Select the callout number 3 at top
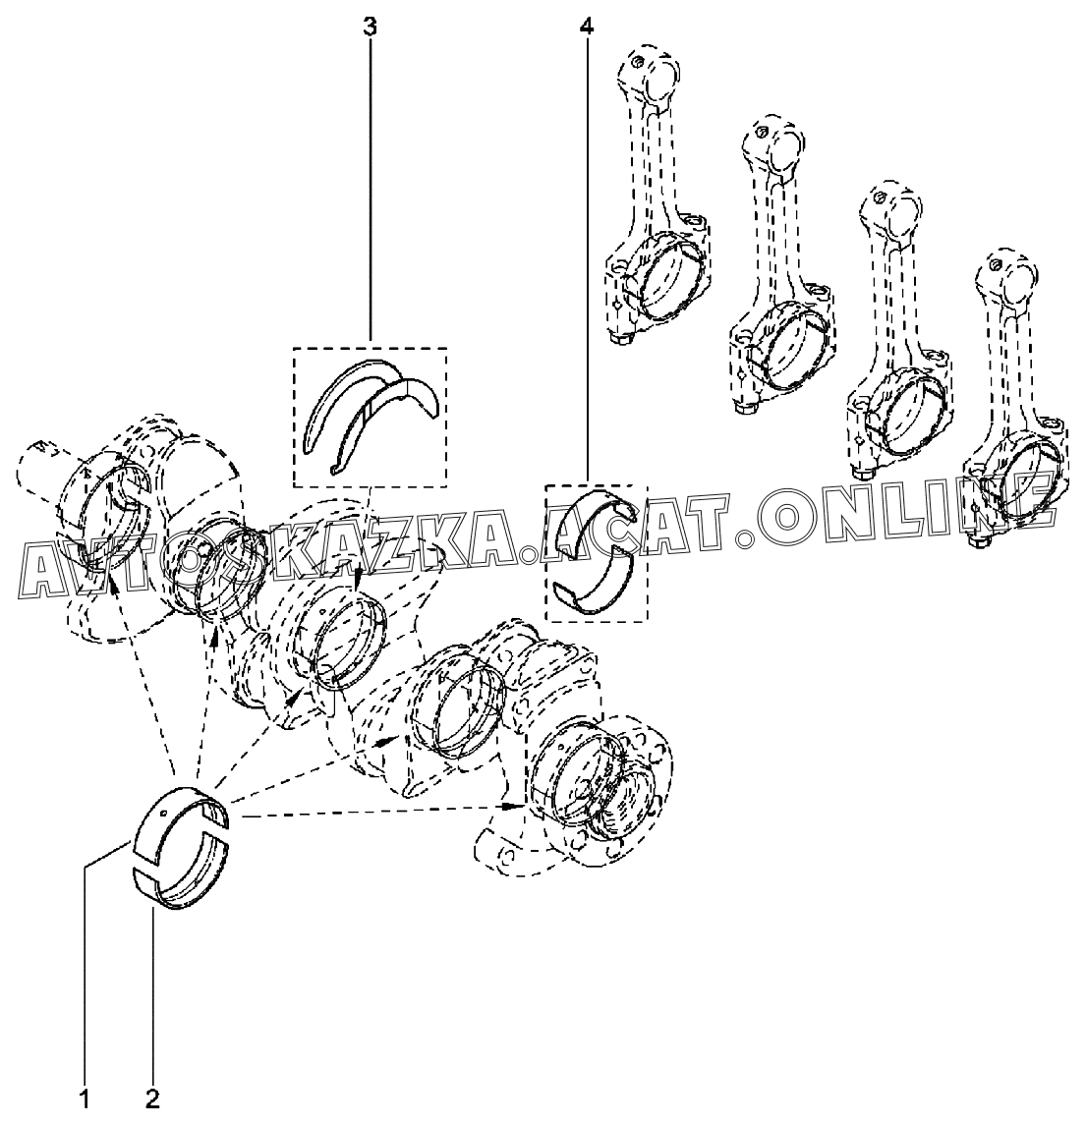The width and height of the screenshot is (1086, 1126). click(x=371, y=27)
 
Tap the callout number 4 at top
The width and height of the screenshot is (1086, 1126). click(x=587, y=27)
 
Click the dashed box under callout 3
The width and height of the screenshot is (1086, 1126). click(x=371, y=417)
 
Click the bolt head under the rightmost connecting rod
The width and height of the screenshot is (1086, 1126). click(x=979, y=541)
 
